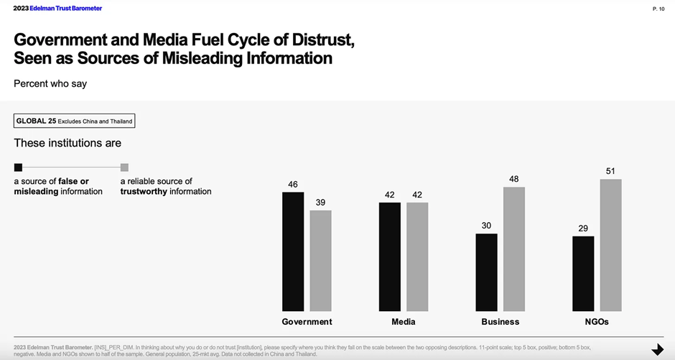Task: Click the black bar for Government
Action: (x=293, y=251)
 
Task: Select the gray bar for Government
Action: (x=320, y=260)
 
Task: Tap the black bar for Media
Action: (x=390, y=257)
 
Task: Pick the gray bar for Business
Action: (x=514, y=249)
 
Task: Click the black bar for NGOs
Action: (x=583, y=273)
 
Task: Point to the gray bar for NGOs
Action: (x=610, y=245)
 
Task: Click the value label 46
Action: (x=293, y=185)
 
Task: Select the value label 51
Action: (x=610, y=171)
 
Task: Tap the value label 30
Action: (x=486, y=226)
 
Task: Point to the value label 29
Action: (x=583, y=229)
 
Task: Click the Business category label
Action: (x=501, y=322)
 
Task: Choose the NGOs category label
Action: (x=597, y=322)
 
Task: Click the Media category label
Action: (x=404, y=322)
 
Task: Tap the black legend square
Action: (x=18, y=167)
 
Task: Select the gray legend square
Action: (x=124, y=167)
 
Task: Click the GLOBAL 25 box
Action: (x=74, y=121)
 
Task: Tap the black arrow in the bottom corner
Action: (x=657, y=350)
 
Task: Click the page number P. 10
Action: (x=658, y=9)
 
